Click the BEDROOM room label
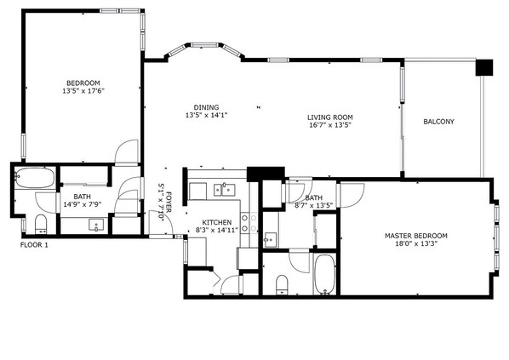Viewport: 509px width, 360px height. (x=84, y=83)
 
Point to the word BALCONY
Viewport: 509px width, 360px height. (x=438, y=122)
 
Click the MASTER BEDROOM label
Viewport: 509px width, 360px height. (x=416, y=235)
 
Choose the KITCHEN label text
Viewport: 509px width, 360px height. (x=205, y=221)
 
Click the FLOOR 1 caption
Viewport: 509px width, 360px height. (x=34, y=245)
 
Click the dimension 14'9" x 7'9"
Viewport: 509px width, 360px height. (x=82, y=203)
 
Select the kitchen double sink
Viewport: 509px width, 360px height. (x=225, y=190)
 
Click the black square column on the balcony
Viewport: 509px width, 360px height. (x=483, y=66)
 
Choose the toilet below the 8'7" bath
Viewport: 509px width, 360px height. (x=282, y=282)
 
